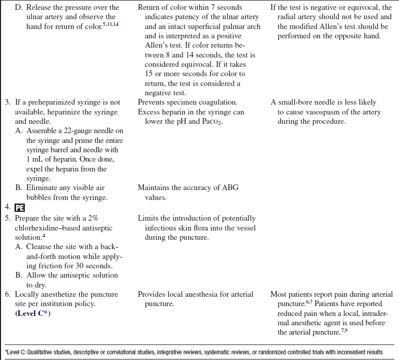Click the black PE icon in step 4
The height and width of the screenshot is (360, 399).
[x=20, y=208]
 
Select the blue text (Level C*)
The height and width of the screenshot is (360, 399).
[x=36, y=314]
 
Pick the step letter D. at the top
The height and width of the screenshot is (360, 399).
[x=19, y=7]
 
